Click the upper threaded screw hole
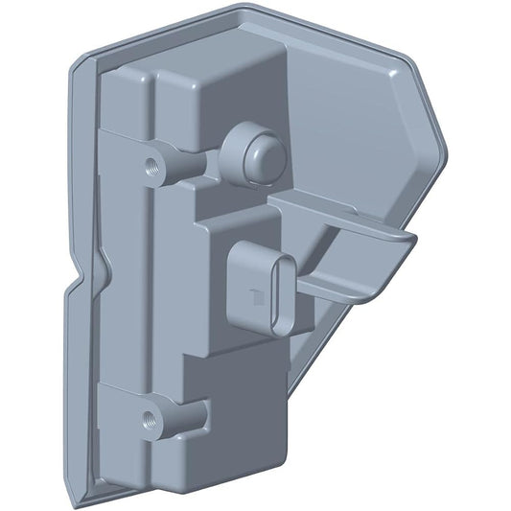(151, 164)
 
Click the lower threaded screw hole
(150, 418)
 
